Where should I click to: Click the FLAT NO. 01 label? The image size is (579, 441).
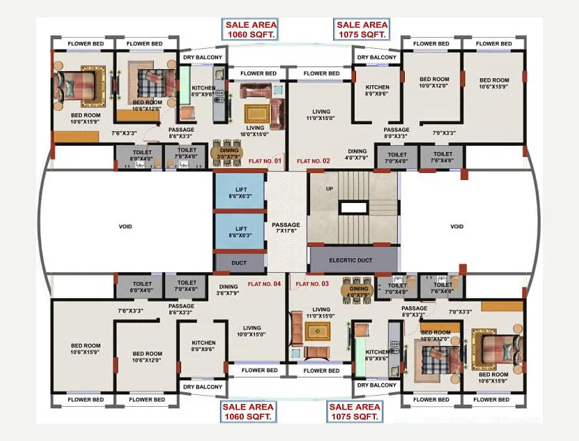tap(265, 161)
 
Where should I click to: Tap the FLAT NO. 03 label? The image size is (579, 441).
tap(312, 284)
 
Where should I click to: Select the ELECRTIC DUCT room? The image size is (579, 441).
tap(353, 260)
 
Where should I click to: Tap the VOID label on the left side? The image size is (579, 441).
tap(125, 226)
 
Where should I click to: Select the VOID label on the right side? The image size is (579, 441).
tap(456, 226)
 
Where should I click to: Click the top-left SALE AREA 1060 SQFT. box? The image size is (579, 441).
tap(250, 29)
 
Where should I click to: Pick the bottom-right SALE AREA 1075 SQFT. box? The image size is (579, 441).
tap(355, 411)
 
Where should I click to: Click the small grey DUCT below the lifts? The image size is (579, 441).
tap(240, 262)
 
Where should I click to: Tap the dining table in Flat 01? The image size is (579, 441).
tap(226, 152)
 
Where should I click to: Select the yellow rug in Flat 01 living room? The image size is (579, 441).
tap(255, 113)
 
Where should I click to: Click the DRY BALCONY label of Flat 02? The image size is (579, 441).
tap(377, 57)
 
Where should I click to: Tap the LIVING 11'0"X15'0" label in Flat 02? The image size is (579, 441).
tap(321, 115)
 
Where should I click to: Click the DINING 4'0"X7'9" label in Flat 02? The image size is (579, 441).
tap(357, 154)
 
